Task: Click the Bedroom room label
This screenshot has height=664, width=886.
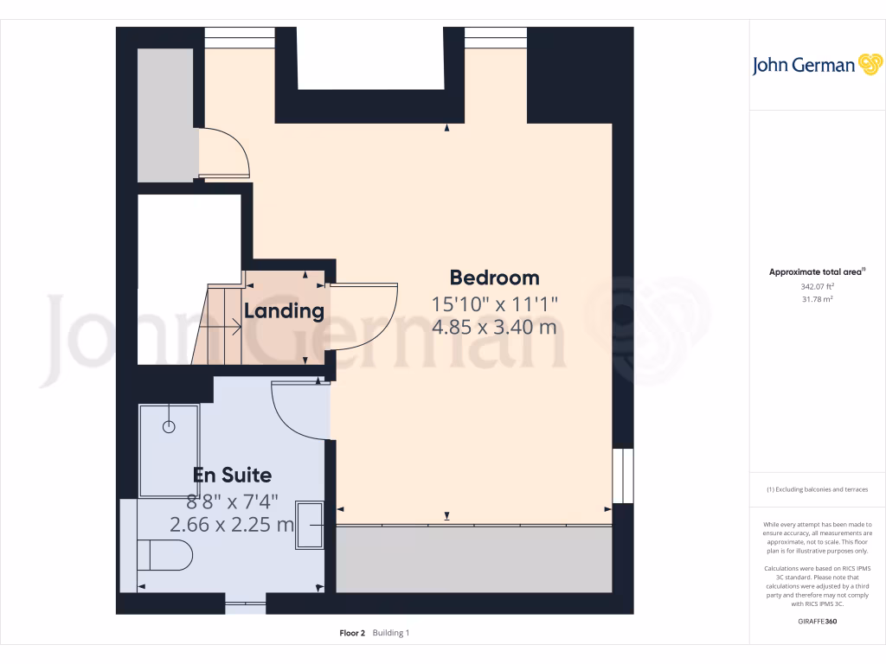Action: [494, 278]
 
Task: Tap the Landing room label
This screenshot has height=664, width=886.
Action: [284, 311]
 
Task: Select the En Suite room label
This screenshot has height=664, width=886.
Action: [232, 475]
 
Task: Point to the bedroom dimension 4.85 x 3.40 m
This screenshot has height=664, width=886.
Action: [494, 328]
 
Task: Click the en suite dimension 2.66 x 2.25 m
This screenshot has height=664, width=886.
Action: [232, 525]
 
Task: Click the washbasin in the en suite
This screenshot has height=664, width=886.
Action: [310, 525]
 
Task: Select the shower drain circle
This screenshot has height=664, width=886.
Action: [169, 426]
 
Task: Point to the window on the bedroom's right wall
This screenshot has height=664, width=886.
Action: [617, 476]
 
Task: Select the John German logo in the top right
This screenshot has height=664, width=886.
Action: [816, 65]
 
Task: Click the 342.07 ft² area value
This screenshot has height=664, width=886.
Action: [817, 286]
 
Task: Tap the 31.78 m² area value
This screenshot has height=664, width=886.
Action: [817, 299]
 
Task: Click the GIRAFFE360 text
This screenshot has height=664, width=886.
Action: [818, 621]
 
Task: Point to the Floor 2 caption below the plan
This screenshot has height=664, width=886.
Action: [352, 633]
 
